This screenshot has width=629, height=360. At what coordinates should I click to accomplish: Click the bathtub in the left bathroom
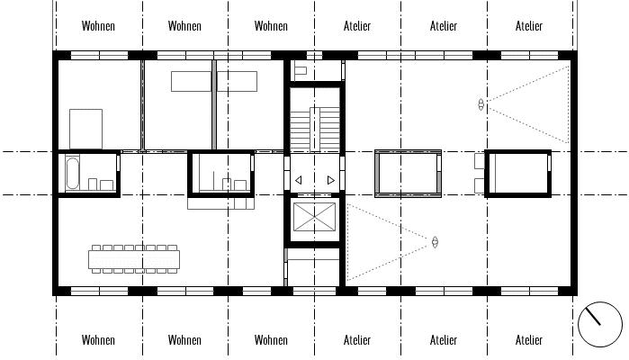tap(73, 173)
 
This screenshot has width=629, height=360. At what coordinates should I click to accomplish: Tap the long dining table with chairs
tap(134, 259)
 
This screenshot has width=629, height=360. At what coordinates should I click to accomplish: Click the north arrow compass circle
tap(600, 324)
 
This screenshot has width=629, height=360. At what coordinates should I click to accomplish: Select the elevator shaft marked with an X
tap(315, 217)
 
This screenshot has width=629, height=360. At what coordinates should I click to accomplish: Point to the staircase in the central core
tap(315, 130)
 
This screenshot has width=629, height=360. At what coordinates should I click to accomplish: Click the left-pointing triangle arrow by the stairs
tap(298, 180)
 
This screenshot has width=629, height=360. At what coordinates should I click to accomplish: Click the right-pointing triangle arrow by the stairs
tap(331, 180)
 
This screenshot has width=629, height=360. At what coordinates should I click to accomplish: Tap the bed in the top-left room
tap(85, 129)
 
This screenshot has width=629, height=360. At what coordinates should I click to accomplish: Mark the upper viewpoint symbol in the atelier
tap(481, 104)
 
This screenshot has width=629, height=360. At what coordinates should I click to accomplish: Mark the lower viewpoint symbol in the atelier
tap(435, 242)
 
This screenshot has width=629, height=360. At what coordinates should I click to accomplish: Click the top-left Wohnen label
tap(98, 26)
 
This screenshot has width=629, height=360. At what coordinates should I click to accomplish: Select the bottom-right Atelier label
tap(529, 340)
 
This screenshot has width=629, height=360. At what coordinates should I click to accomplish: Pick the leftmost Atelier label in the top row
tap(357, 26)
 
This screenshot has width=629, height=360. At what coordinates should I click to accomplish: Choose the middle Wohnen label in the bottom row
tap(184, 340)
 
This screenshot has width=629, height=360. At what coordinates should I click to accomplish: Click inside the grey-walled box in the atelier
tap(408, 174)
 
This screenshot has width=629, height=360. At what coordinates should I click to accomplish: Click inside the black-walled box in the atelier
tap(518, 174)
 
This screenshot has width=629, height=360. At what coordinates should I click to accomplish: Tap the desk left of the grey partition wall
tap(192, 82)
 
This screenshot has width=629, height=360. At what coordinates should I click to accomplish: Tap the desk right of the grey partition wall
tap(237, 82)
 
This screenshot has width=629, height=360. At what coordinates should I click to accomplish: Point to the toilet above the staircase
tap(301, 71)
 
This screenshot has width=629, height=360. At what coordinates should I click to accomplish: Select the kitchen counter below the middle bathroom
tap(221, 203)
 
